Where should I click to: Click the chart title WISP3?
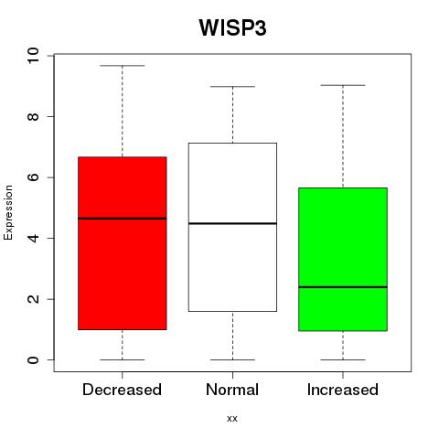pos(232,27)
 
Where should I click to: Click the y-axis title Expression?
pos(8,212)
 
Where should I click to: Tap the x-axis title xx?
pos(232,418)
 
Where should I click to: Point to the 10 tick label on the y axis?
pos(33,55)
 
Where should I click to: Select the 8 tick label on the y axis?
pos(33,116)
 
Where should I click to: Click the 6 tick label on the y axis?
pos(33,177)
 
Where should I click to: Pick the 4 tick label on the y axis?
pos(33,238)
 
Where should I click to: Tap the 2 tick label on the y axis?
pos(33,299)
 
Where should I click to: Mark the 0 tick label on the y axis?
pos(33,359)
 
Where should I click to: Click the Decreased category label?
pos(122,390)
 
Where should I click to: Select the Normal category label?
pos(232,390)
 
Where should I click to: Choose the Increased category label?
pos(343,390)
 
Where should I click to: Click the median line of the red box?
pos(123,219)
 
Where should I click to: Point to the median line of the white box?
pos(232,223)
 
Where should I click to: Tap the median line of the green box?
pos(343,287)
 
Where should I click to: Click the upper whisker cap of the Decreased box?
pos(123,66)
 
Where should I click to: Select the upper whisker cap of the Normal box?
pos(232,87)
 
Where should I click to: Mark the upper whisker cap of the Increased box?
pos(343,85)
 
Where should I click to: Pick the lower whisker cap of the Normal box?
pos(232,359)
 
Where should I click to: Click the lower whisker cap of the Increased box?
pos(343,359)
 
